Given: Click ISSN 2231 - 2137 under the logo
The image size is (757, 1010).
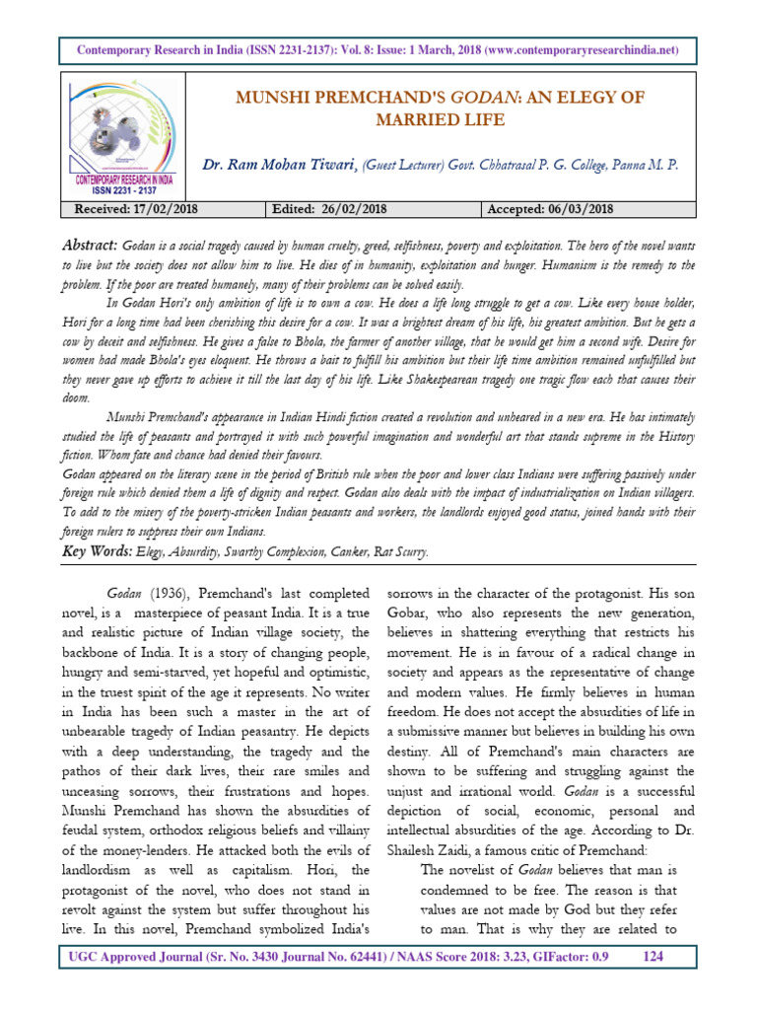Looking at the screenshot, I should [124, 189].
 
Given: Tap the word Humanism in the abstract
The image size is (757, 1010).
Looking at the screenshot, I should [524, 266].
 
